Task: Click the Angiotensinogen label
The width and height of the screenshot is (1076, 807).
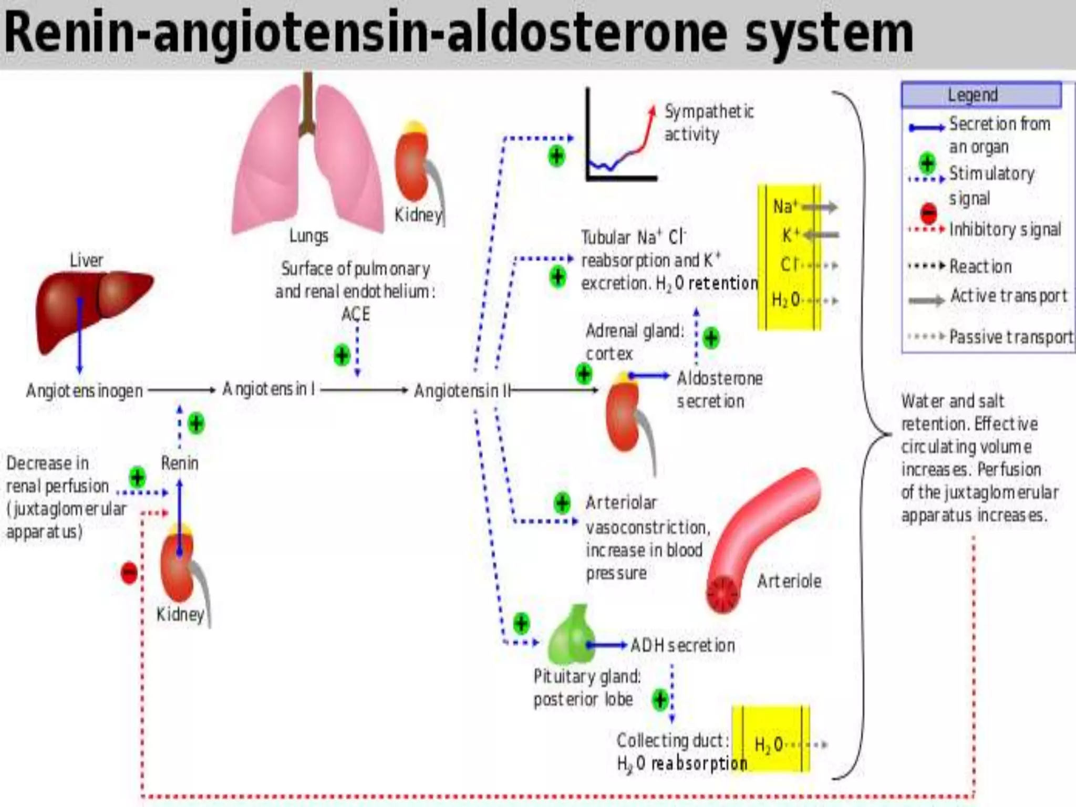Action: (x=84, y=391)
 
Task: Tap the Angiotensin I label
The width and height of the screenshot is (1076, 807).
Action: (x=268, y=389)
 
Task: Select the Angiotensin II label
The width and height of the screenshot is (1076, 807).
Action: (x=461, y=391)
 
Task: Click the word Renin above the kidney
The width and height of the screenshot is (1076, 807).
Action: (x=180, y=463)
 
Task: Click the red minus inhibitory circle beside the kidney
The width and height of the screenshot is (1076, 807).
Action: (x=129, y=573)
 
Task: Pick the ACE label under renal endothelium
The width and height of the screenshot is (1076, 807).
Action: (x=356, y=314)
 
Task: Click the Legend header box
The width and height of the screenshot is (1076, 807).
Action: (x=980, y=95)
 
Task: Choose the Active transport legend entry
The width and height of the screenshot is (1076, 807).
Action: (x=1008, y=296)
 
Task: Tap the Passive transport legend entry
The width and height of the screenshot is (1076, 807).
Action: (x=1010, y=337)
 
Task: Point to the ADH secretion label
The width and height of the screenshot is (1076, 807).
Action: (x=682, y=645)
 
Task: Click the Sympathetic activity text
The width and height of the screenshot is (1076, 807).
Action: (x=708, y=123)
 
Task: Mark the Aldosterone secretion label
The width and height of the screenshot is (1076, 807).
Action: (x=719, y=390)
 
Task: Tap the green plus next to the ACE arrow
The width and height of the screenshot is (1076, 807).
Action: (x=342, y=355)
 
